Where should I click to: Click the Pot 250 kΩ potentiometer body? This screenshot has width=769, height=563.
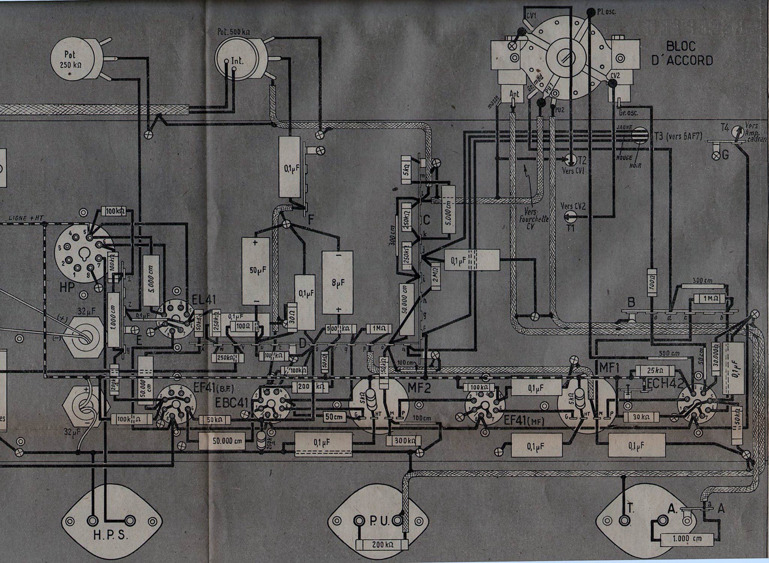71,60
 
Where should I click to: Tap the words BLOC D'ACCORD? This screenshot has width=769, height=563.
681,53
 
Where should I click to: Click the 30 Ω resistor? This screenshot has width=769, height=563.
292,318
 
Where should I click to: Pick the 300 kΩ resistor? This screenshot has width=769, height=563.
404,440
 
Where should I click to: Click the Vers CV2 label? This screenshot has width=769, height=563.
573,206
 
